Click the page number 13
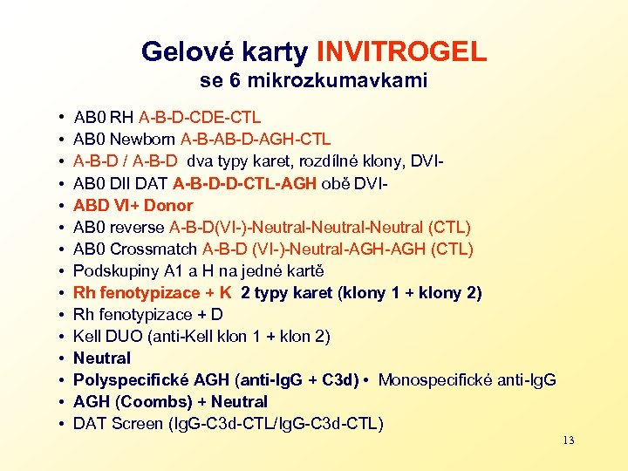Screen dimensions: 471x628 pos(568,440)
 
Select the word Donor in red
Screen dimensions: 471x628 pos(167,205)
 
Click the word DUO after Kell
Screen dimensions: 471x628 pos(126,336)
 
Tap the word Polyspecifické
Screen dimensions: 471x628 pos(130,379)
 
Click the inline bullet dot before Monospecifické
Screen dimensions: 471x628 pos(370,379)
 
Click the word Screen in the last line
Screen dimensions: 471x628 pos(136,424)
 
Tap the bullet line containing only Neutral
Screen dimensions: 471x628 pos(102,358)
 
